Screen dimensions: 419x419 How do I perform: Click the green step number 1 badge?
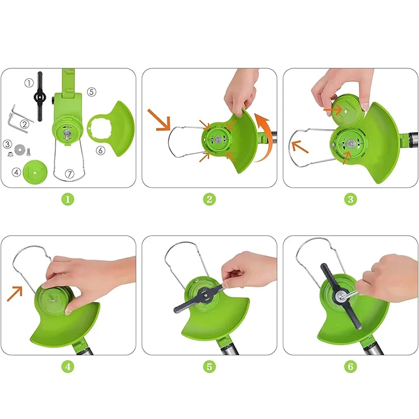(x=68, y=199)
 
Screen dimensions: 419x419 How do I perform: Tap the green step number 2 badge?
(x=209, y=199)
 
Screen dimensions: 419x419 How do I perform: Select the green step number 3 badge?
(x=350, y=199)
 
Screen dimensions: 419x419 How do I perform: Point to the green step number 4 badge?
(x=68, y=367)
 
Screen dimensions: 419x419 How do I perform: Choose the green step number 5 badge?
(x=209, y=367)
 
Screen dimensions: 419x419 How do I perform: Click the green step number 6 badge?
(x=350, y=367)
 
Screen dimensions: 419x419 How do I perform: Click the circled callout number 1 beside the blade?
(x=29, y=83)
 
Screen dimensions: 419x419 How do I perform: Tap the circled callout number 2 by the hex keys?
(x=24, y=124)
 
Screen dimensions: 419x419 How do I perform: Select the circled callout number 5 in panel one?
(x=92, y=92)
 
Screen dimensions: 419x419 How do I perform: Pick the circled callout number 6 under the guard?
(x=100, y=151)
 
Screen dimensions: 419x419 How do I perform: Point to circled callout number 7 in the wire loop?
(x=70, y=174)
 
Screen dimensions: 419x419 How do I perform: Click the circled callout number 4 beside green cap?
(x=16, y=172)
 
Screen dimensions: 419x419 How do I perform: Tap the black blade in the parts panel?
(x=40, y=97)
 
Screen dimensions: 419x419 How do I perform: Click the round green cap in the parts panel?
(x=35, y=172)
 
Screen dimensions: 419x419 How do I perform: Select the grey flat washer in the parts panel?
(x=19, y=150)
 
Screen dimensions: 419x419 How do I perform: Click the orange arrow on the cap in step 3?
(x=333, y=110)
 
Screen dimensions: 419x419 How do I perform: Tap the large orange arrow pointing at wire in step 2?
(x=159, y=120)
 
